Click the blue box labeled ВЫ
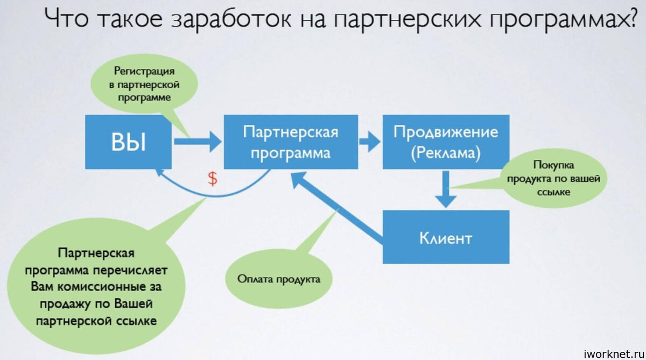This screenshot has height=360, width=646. point(128,142)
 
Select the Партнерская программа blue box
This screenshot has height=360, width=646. point(291,142)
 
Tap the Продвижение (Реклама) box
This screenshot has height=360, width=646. point(446,142)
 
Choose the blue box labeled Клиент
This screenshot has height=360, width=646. point(446,237)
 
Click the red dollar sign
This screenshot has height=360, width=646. point(213,179)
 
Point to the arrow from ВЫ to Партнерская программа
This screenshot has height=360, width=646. point(198,142)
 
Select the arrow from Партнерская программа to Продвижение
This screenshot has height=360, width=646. point(370,142)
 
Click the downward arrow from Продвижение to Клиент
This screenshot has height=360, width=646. point(446,189)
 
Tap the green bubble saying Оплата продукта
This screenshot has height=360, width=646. point(279,279)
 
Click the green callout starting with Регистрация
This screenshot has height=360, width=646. point(144,84)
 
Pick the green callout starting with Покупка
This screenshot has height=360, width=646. point(553,179)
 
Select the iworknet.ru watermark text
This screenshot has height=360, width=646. point(614,354)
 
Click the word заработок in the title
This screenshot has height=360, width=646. point(231,19)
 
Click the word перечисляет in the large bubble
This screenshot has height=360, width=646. point(130,271)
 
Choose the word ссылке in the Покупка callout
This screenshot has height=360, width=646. point(553,192)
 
